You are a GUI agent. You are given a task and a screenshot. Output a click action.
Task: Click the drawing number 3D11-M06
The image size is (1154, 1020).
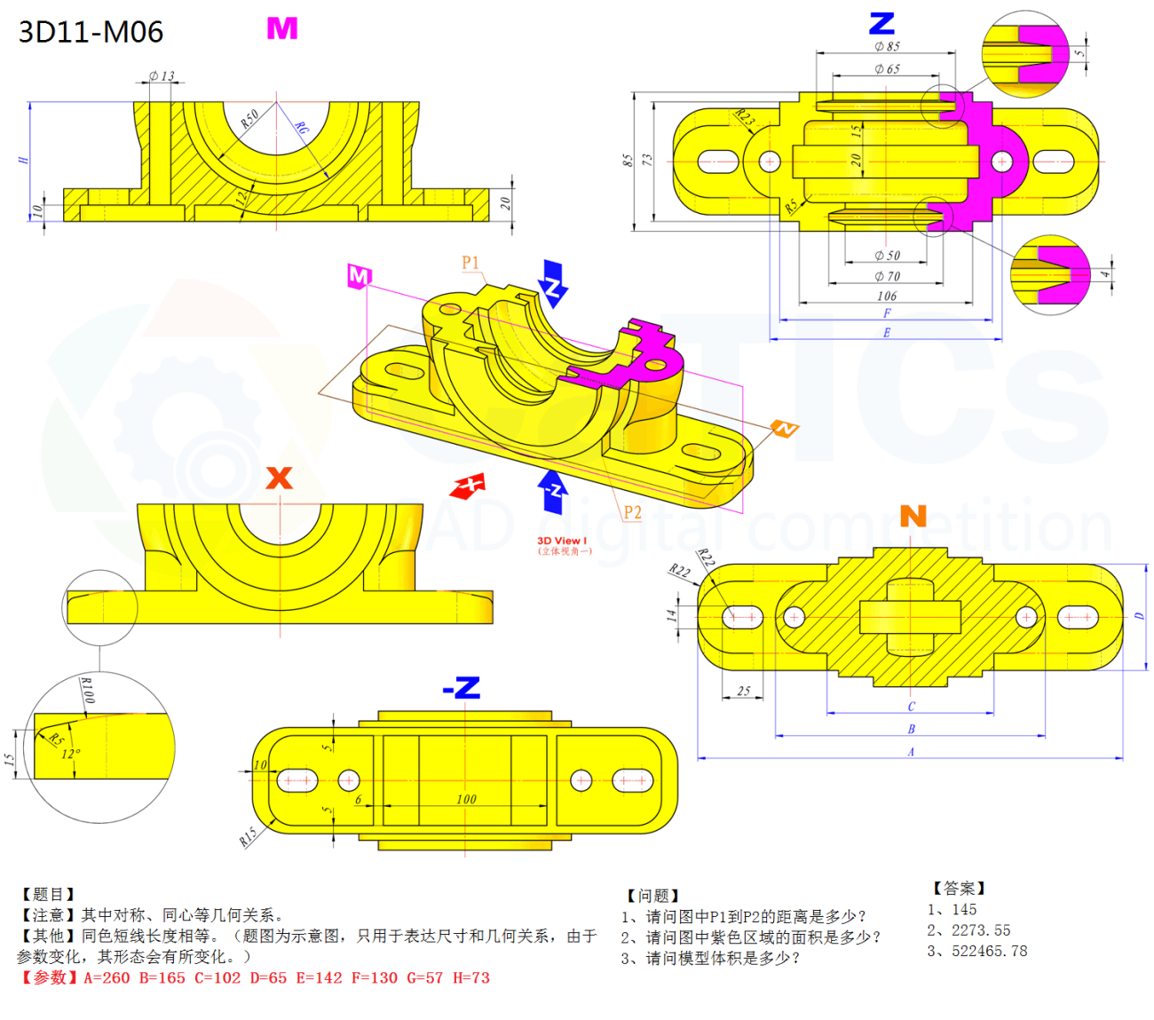(91, 32)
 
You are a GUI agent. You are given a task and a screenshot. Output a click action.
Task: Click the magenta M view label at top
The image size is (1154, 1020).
(282, 29)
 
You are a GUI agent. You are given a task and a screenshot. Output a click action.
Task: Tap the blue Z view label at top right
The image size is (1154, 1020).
(881, 23)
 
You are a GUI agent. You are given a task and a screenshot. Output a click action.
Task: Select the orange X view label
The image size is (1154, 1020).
(280, 478)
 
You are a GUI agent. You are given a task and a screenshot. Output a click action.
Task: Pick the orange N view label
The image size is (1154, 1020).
(913, 516)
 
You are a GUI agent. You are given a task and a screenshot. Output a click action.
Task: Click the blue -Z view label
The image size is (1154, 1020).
(462, 688)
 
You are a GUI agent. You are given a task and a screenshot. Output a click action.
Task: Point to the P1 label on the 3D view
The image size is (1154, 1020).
(470, 263)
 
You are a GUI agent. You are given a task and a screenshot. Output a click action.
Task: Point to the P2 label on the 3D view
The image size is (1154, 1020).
(632, 512)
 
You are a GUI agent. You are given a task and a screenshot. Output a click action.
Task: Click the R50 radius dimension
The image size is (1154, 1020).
(250, 118)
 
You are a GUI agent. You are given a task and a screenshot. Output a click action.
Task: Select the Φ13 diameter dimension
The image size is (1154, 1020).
(162, 76)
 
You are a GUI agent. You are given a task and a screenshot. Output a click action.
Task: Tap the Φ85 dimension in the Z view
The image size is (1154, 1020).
(887, 46)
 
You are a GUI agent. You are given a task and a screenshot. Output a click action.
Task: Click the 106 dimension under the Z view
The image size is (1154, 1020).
(887, 297)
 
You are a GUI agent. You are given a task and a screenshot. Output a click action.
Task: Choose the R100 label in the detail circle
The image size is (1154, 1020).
(86, 690)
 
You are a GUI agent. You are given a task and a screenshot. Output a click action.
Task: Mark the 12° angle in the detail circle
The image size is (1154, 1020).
(70, 755)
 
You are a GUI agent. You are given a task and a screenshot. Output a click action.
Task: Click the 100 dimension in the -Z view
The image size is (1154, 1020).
(466, 799)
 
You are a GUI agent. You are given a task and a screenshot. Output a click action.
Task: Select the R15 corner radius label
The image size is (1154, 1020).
(248, 836)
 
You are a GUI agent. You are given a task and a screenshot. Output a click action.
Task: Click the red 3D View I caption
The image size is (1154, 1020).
(562, 541)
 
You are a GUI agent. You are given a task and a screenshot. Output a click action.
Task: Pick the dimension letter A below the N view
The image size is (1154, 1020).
(911, 752)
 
